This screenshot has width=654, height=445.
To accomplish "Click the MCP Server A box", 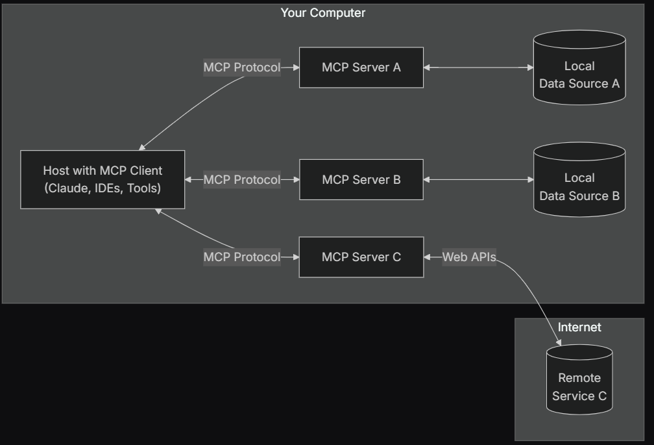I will coord(361,67).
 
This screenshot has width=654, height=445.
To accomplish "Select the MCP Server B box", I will coord(361,179).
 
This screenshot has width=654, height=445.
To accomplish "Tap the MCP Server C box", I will coord(361,257).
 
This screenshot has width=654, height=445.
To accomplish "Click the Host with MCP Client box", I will coord(103,179).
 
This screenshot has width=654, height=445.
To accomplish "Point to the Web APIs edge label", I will coord(469,257).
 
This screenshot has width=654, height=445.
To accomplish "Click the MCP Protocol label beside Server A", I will coord(242,68).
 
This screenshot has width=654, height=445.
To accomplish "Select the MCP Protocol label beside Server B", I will coord(242,179).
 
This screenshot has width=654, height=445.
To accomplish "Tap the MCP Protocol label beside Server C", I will coord(242,257).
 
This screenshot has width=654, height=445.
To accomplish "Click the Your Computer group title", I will coord(322,12).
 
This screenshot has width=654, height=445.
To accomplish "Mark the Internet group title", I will coord(579,327).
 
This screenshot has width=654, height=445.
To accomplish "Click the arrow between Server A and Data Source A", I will coord(478,67).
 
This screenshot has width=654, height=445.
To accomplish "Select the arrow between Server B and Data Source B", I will coord(478,179).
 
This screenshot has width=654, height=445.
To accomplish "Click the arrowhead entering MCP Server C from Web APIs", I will coord(428,257).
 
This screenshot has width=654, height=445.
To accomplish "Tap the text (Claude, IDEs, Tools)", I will coord(103,188).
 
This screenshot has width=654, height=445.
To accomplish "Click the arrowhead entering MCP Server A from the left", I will coord(295,67).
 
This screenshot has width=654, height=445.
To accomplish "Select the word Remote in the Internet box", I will coord(579,377).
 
